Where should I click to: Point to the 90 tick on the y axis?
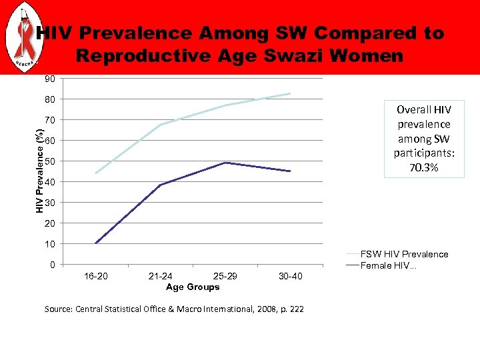point(50,79)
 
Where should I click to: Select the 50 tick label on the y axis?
point(50,161)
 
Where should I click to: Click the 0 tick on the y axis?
point(52,265)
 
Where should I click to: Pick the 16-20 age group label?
point(96,277)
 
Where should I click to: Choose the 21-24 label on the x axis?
point(161,277)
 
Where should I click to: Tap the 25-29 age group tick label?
point(225,277)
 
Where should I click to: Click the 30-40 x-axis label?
point(289,277)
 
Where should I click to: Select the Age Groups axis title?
point(193,287)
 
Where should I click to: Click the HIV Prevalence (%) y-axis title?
point(40,172)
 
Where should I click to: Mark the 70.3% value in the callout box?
point(424,168)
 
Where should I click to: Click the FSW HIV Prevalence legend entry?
point(404,254)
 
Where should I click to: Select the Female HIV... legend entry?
point(389,266)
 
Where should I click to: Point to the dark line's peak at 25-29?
point(225,163)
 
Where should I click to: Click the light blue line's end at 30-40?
point(290,93)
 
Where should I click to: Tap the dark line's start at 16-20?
point(96,243)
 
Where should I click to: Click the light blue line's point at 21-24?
point(161,125)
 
